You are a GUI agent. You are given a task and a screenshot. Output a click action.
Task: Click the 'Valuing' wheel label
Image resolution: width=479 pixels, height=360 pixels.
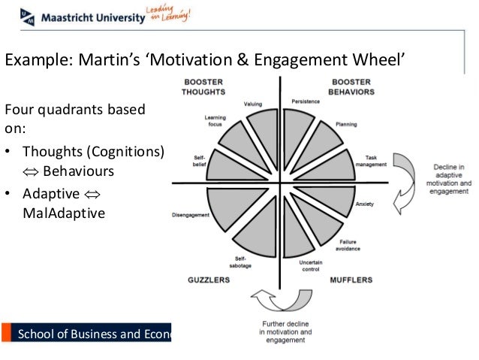tap(252, 104)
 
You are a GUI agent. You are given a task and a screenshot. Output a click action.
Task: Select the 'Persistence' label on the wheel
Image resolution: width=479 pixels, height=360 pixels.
tap(305, 101)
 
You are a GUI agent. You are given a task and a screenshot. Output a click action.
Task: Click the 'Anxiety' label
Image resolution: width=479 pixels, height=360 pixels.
tap(364, 204)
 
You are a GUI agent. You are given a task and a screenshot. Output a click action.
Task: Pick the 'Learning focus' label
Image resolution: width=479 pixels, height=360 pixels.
tap(215, 120)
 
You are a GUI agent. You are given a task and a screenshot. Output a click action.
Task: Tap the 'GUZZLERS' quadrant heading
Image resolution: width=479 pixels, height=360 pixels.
tap(208, 280)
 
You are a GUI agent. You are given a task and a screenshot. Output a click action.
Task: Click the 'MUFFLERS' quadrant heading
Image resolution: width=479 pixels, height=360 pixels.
tap(351, 280)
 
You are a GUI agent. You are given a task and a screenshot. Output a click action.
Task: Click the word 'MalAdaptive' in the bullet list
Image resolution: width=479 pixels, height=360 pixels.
tap(65, 213)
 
